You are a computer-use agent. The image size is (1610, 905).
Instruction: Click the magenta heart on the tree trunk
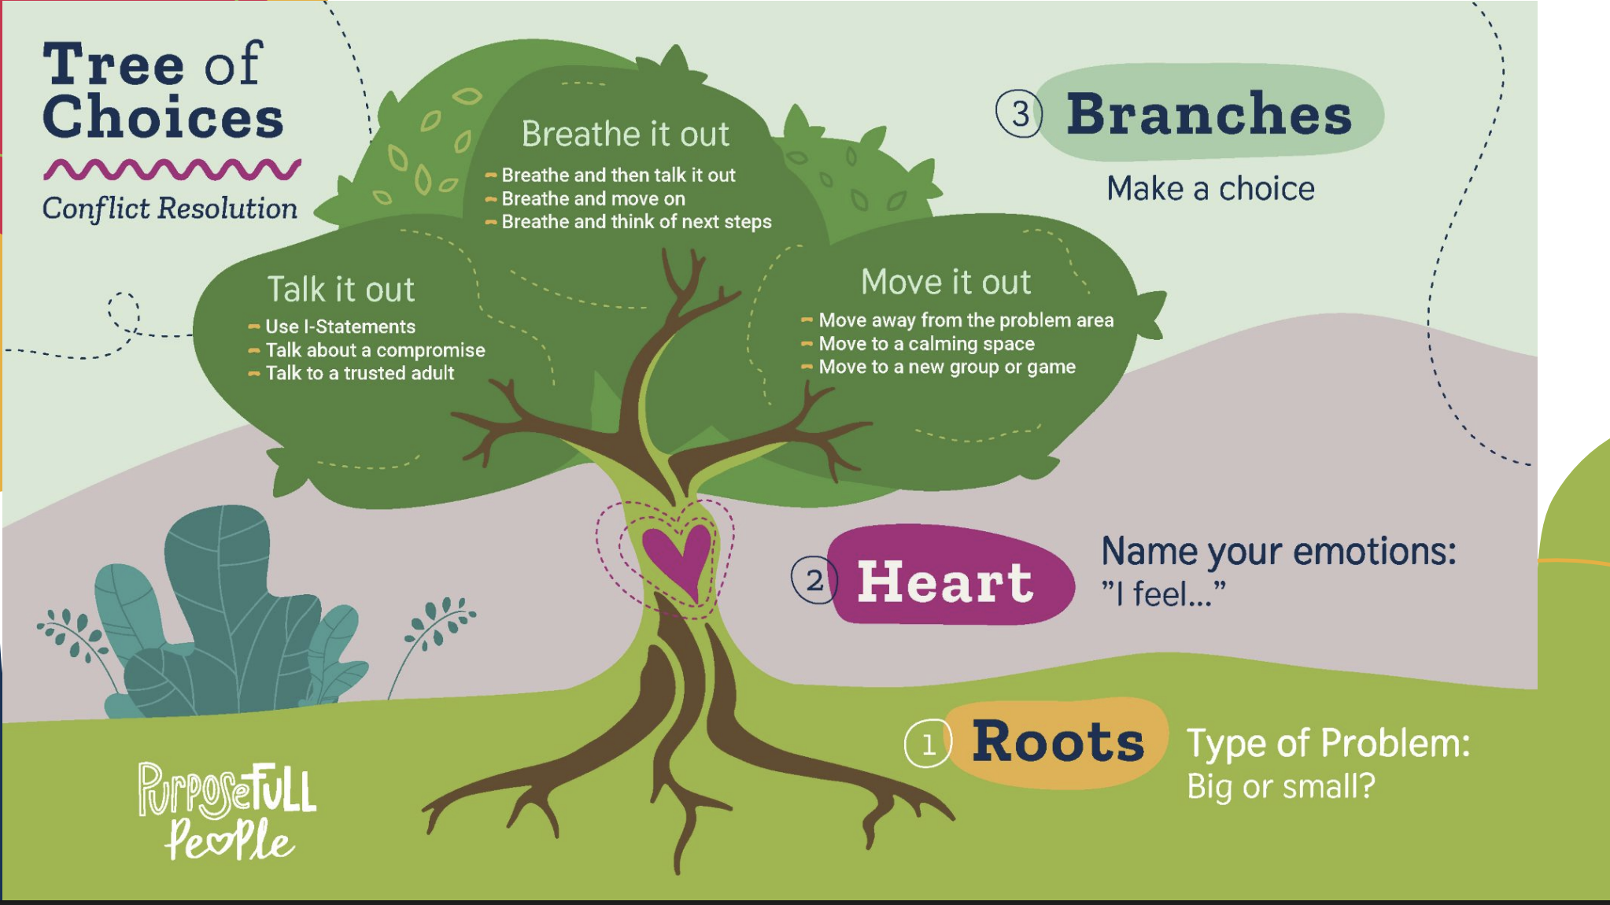pos(678,555)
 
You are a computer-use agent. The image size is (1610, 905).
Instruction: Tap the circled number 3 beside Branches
pos(1019,114)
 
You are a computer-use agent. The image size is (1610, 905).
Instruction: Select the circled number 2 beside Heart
pos(814,581)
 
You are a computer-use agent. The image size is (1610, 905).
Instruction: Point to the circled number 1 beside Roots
pos(928,744)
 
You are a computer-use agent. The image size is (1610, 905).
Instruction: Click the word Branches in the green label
pos(1209,114)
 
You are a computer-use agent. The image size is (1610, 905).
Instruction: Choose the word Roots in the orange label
pos(1058,741)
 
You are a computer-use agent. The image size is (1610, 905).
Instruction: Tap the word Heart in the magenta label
pos(944,582)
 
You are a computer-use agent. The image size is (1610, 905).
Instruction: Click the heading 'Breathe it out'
pos(626,134)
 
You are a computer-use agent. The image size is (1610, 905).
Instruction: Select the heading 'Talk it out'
pos(341,290)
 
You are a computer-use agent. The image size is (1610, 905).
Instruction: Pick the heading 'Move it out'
pos(945,282)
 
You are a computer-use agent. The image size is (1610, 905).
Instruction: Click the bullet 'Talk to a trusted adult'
pos(360,373)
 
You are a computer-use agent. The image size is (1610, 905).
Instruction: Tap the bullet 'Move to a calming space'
pos(926,344)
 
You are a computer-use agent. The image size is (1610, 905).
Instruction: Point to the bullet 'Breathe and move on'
pos(593,198)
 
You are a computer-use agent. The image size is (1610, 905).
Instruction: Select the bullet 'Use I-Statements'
pos(340,327)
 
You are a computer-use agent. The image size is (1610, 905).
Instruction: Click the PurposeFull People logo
pos(227,811)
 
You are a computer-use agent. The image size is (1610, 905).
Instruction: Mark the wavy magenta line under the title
pos(172,168)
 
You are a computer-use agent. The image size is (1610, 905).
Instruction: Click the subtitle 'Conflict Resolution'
pos(170,209)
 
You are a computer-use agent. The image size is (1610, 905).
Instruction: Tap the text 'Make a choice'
pos(1210,189)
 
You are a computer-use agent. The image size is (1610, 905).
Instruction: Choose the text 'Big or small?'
pos(1280,786)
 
